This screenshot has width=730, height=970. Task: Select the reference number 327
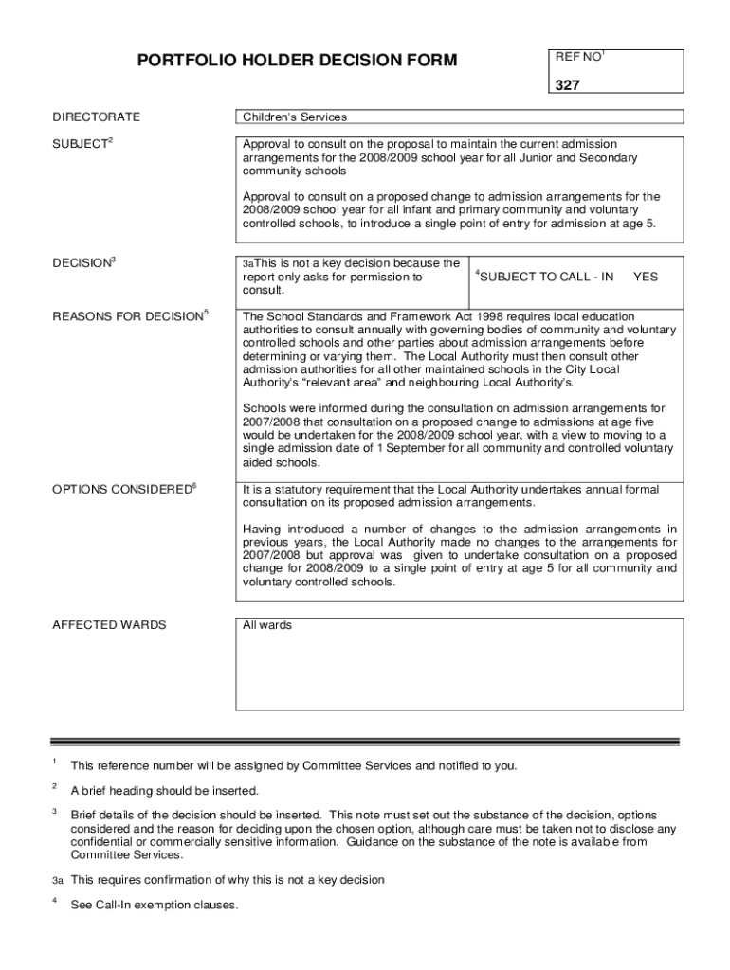[568, 85]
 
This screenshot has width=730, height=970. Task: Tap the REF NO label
[577, 58]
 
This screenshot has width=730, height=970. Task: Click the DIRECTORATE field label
[96, 117]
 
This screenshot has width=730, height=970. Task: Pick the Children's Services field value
[295, 117]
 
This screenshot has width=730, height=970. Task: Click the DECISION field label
[82, 262]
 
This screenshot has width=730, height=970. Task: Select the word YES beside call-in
[646, 277]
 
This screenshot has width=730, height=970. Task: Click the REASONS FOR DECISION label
[127, 315]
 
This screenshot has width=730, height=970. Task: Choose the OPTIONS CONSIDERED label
[121, 489]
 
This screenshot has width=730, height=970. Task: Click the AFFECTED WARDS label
[109, 625]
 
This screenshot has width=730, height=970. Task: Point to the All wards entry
[267, 625]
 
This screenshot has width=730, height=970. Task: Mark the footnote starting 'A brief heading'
[164, 791]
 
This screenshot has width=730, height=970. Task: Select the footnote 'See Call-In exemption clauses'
[155, 905]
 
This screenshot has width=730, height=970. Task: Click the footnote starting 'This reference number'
[294, 765]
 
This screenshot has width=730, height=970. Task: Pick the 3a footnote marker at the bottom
[58, 880]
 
